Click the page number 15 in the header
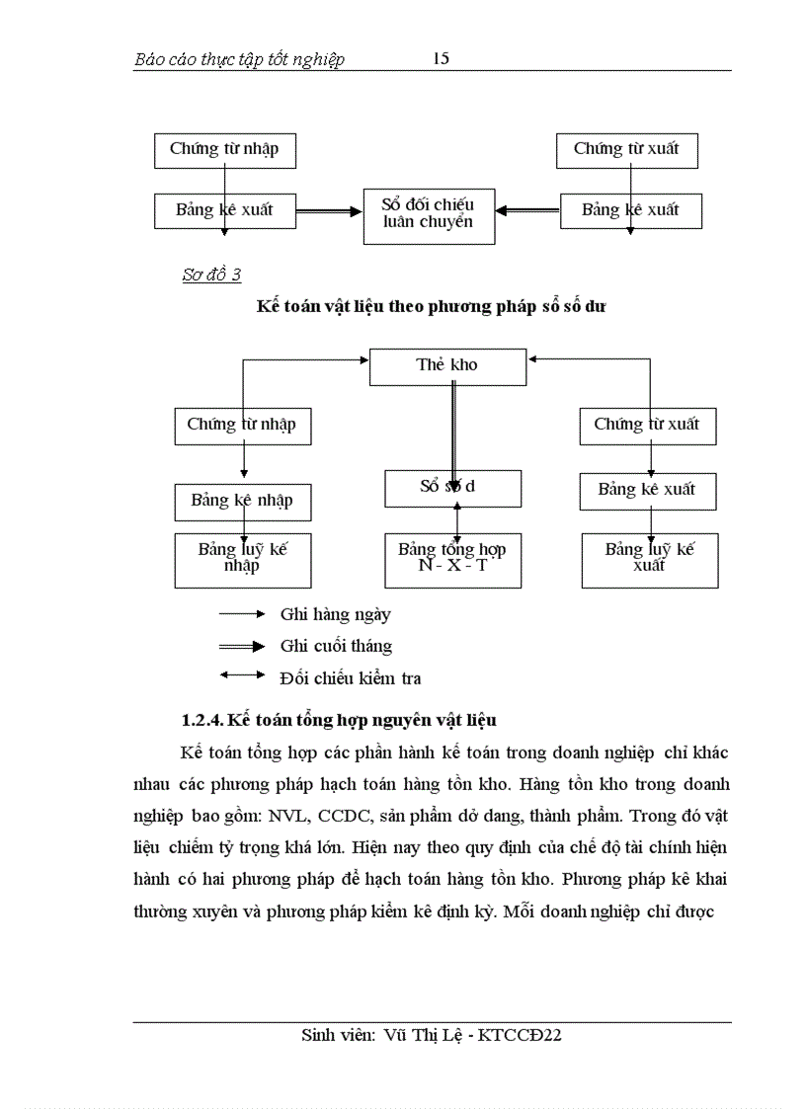(x=442, y=58)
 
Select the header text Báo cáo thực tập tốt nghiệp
(x=239, y=60)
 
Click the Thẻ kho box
(x=447, y=365)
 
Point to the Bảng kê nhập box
(x=242, y=501)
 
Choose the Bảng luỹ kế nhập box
(x=242, y=559)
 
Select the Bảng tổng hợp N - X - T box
(x=452, y=559)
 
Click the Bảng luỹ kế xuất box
(x=649, y=559)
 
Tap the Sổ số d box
(x=452, y=487)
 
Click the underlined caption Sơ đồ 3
(x=211, y=276)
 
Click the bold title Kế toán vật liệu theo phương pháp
(x=395, y=306)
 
